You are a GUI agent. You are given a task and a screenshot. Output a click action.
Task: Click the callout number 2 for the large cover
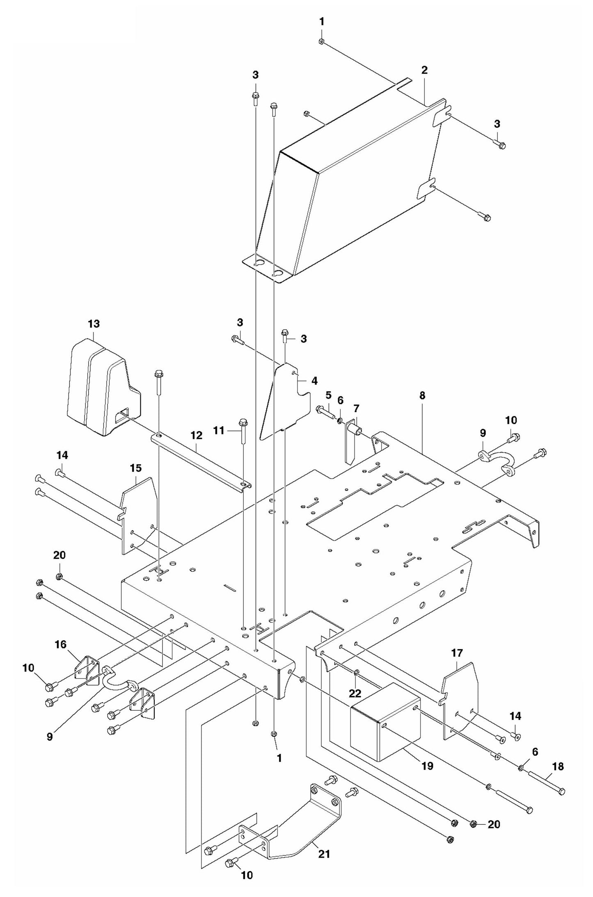pyautogui.click(x=424, y=70)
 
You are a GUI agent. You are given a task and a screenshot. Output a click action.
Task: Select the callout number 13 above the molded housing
pyautogui.click(x=94, y=324)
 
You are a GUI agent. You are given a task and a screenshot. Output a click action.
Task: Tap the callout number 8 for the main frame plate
pyautogui.click(x=422, y=395)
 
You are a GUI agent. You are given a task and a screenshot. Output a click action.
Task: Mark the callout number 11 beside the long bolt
pyautogui.click(x=219, y=430)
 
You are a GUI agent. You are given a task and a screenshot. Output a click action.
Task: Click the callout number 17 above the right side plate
pyautogui.click(x=457, y=653)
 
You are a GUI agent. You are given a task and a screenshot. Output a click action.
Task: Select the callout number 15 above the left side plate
pyautogui.click(x=136, y=468)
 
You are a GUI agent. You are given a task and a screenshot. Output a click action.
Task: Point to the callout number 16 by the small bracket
pyautogui.click(x=60, y=644)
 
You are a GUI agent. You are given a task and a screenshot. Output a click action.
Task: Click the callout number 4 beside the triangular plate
pyautogui.click(x=314, y=381)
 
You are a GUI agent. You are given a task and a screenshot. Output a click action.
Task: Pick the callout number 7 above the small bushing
pyautogui.click(x=356, y=408)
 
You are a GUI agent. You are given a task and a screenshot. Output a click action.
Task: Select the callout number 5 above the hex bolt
pyautogui.click(x=328, y=395)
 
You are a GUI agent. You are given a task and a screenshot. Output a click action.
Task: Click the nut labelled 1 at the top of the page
pyautogui.click(x=322, y=41)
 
